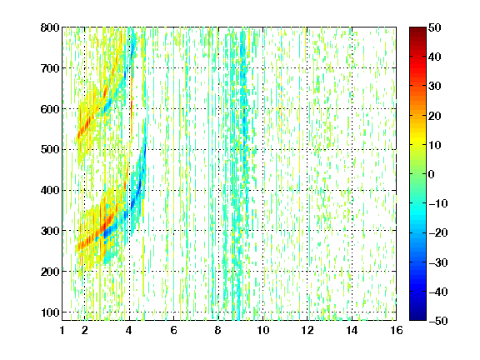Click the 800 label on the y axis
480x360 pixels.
point(50,27)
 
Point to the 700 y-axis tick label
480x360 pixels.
point(50,68)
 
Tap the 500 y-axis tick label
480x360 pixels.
point(50,150)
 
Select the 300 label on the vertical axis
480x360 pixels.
point(50,231)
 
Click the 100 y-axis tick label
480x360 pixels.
point(50,312)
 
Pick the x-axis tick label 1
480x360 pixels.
point(62,330)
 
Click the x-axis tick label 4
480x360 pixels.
point(129,330)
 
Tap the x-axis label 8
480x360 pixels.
point(217,330)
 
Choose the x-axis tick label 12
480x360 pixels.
point(307,330)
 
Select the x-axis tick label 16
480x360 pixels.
point(396,330)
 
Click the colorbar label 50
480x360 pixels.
point(434,27)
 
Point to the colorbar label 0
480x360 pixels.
point(432,174)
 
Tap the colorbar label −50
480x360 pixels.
point(438,321)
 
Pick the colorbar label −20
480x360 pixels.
point(438,232)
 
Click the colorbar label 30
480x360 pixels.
point(434,86)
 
